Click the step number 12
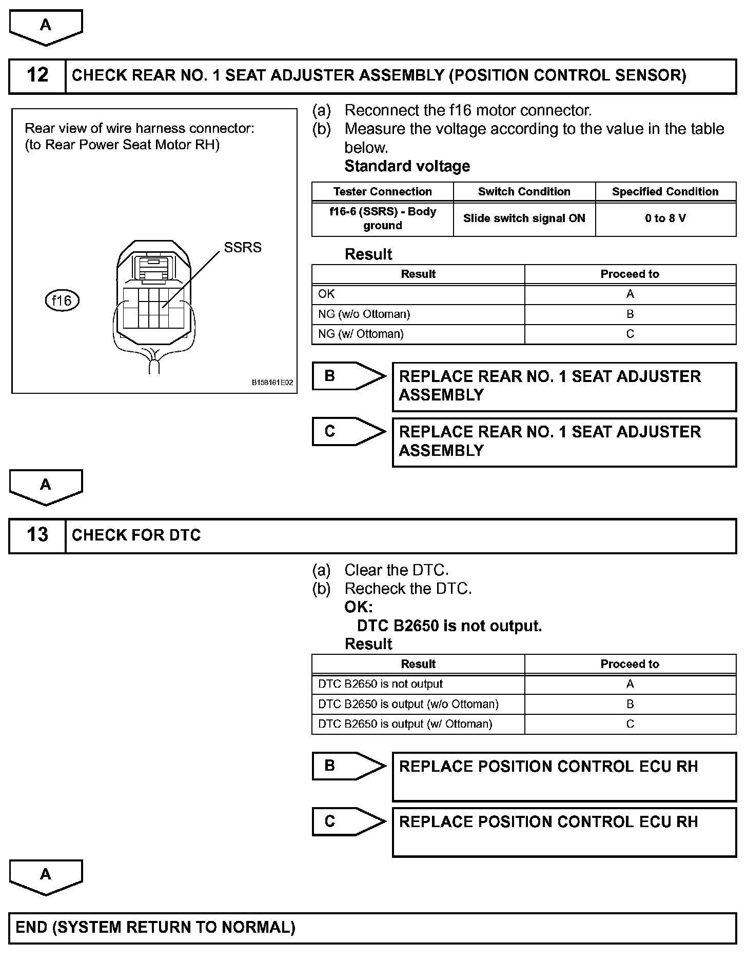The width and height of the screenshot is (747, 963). (x=37, y=75)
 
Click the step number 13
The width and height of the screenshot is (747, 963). (x=37, y=535)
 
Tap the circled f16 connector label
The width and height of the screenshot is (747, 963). (x=62, y=300)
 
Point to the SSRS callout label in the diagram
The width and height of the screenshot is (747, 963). (x=243, y=248)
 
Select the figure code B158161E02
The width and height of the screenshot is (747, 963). (x=272, y=383)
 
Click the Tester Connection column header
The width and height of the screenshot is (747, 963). (x=382, y=192)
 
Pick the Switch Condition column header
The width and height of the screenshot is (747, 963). (x=524, y=192)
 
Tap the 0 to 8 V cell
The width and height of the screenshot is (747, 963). (x=665, y=218)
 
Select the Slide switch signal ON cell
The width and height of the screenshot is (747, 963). (x=524, y=218)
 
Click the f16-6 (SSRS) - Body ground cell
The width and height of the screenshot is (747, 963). (x=382, y=218)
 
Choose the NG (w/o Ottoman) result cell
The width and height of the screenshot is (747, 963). (x=364, y=314)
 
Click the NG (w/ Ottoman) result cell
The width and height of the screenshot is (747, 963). (x=361, y=334)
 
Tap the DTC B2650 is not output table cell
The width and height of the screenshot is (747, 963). (x=380, y=684)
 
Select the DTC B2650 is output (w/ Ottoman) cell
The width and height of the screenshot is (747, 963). (x=405, y=724)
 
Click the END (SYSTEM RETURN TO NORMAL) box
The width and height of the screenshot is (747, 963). (x=372, y=928)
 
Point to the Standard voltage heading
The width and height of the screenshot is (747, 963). (x=407, y=166)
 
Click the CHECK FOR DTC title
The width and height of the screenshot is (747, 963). (x=136, y=535)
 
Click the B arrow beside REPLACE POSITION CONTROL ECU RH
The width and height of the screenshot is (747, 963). (x=349, y=766)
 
